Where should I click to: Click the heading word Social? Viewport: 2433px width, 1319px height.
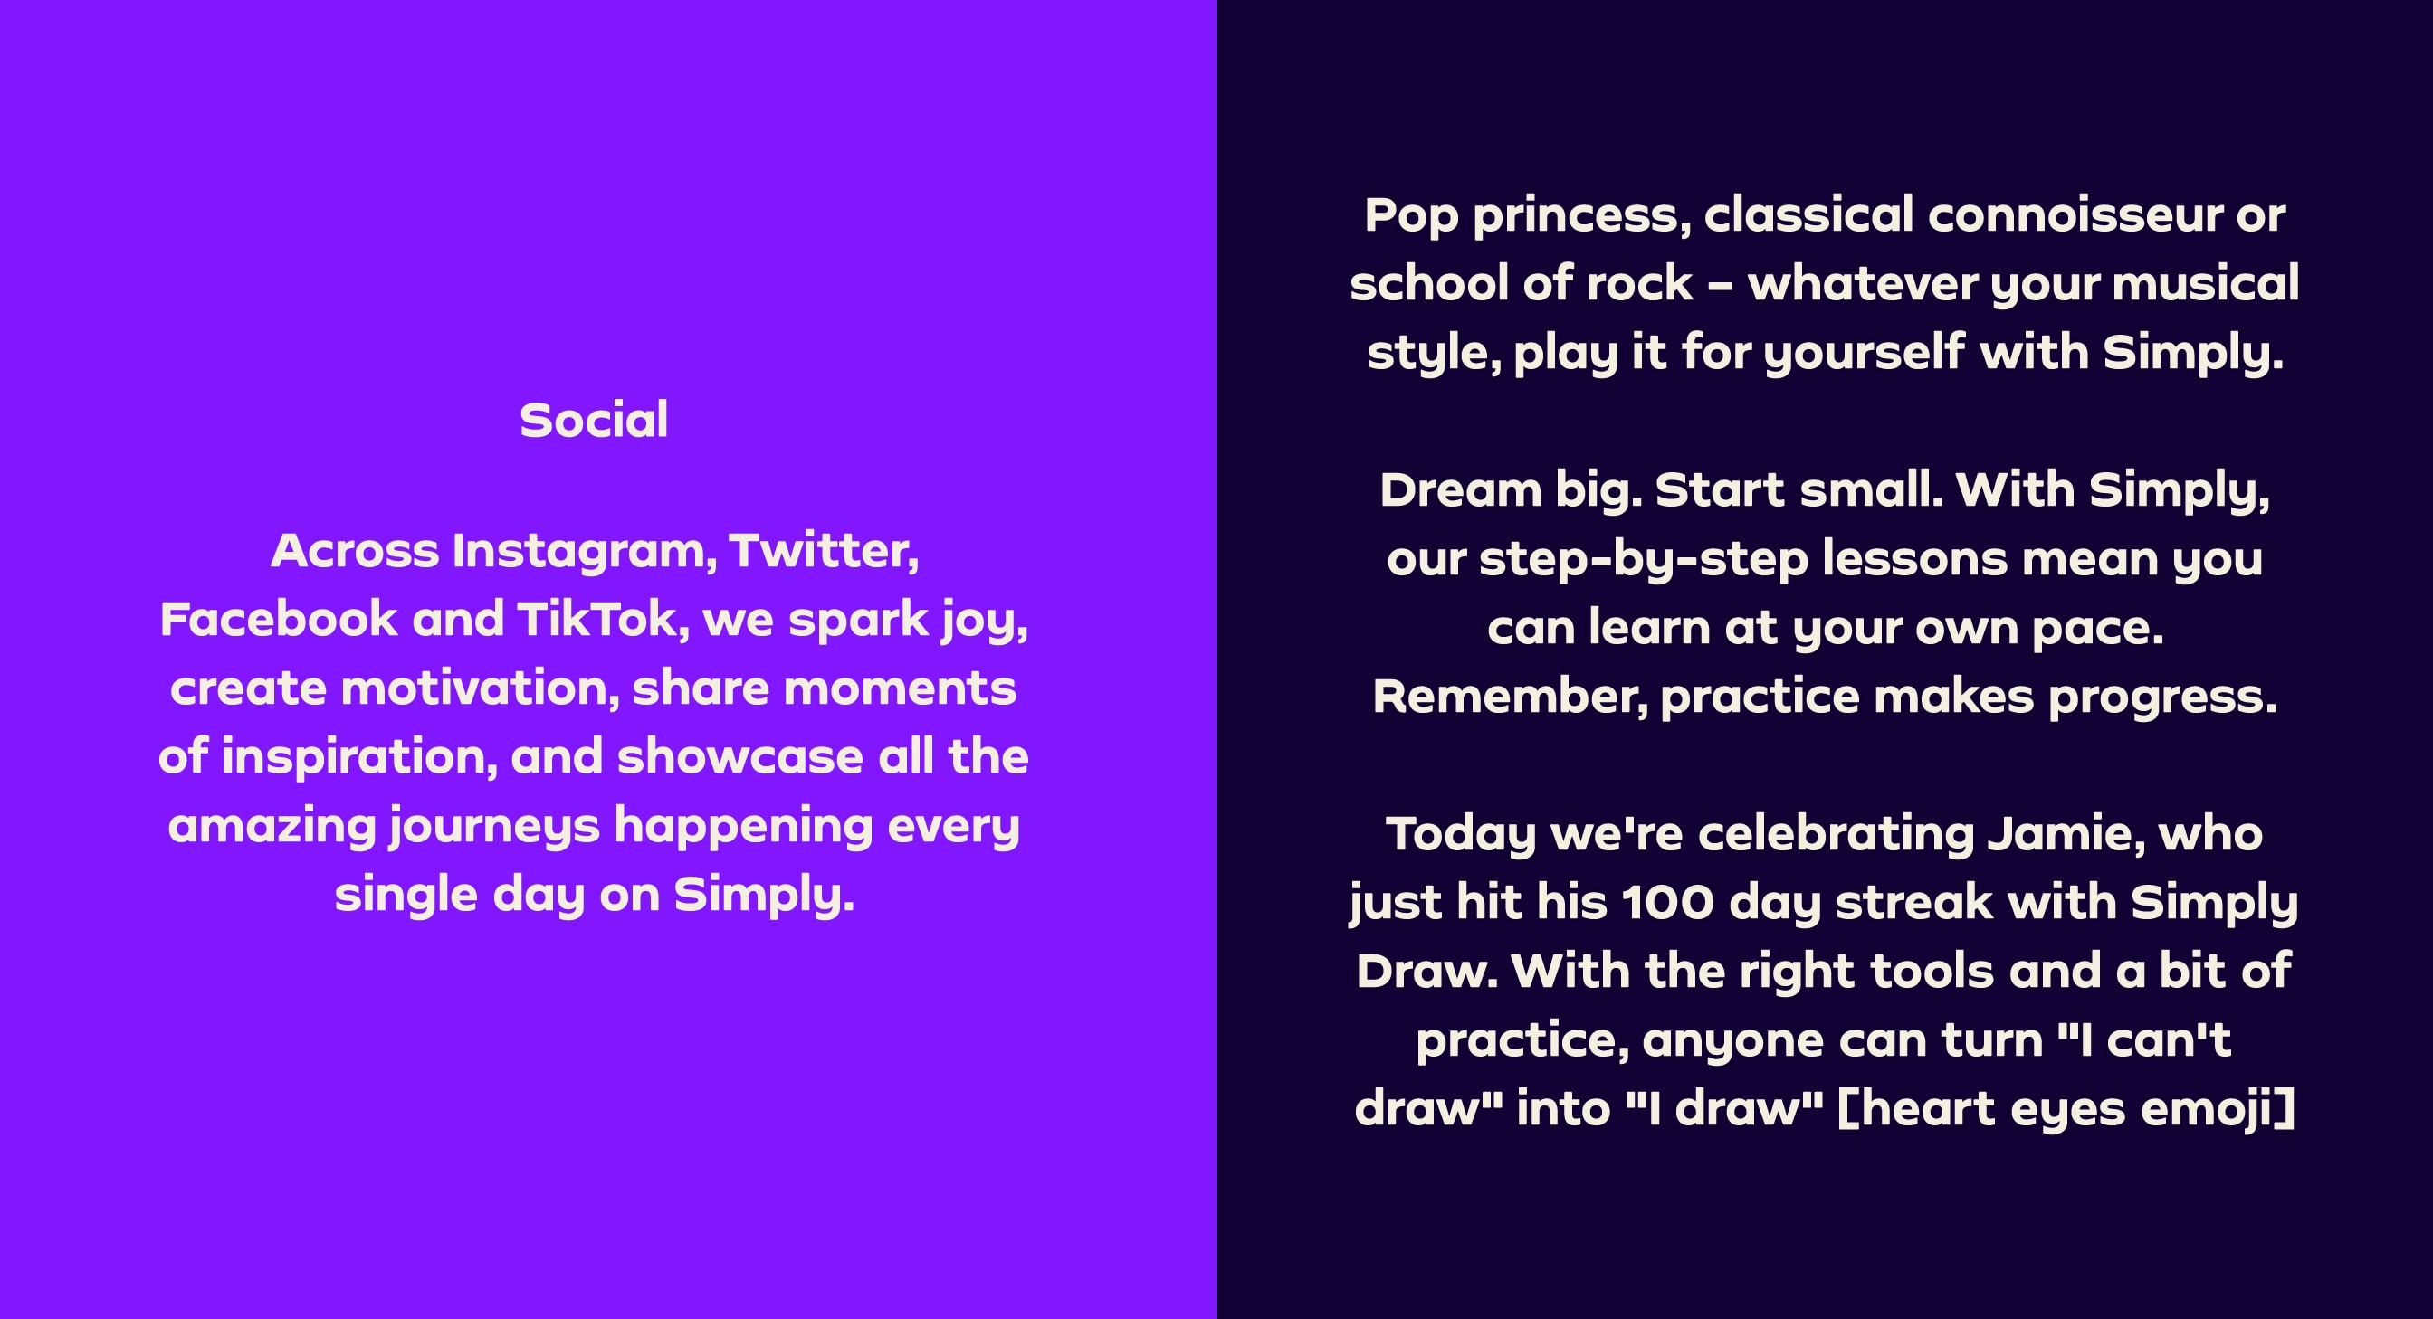[x=594, y=420]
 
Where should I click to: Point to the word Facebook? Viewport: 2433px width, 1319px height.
[x=279, y=620]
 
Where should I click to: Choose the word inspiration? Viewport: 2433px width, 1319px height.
[x=360, y=758]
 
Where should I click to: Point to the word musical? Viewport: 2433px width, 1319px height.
[x=2206, y=284]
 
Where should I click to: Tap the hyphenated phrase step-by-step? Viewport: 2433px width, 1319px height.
[x=1644, y=560]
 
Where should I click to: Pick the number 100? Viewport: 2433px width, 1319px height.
[x=1667, y=903]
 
